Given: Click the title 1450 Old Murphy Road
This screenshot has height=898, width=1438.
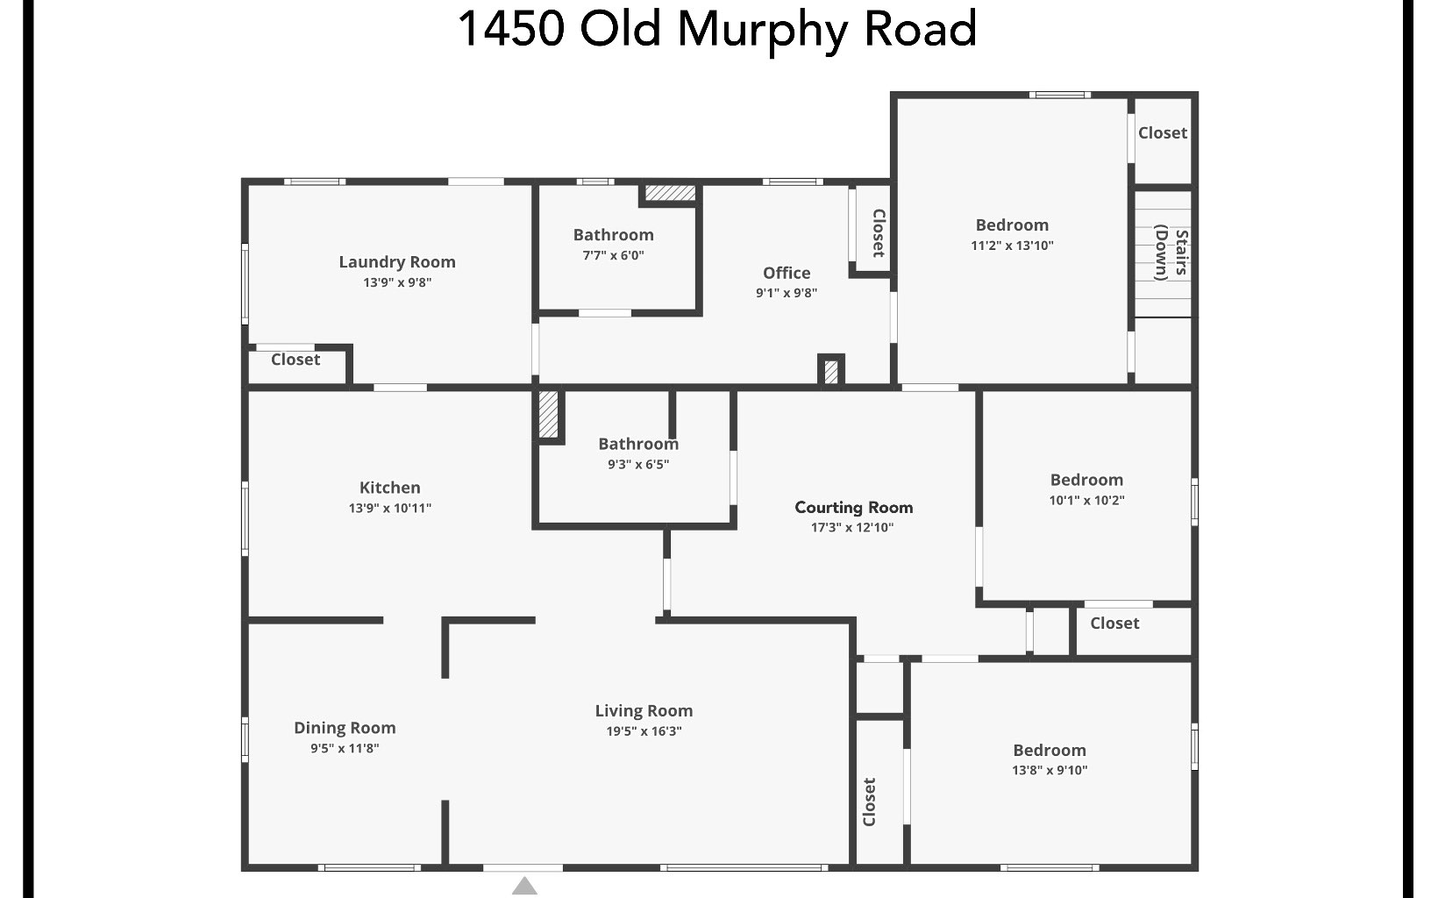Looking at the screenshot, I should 717,28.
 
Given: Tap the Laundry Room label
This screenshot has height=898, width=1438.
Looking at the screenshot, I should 397,261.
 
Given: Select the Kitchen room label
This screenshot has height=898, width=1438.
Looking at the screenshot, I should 390,488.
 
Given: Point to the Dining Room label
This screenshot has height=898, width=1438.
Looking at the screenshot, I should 345,728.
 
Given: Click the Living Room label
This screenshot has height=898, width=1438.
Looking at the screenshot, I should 644,711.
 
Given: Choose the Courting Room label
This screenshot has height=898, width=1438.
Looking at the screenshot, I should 854,507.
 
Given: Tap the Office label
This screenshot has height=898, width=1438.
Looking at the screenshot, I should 787,273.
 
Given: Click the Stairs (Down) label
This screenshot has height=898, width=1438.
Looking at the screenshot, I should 1171,253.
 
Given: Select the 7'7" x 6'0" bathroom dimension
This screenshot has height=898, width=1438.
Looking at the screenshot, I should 614,255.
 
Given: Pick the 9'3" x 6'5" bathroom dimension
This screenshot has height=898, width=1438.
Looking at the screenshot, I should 638,465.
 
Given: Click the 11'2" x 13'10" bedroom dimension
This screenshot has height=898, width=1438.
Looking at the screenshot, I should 1012,246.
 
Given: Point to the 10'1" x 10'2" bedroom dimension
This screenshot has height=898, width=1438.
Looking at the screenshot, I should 1086,501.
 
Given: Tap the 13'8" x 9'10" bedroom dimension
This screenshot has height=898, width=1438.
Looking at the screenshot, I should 1050,770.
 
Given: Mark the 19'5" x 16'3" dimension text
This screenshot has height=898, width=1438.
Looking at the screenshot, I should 644,731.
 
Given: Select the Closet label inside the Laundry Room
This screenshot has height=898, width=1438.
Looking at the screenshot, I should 295,360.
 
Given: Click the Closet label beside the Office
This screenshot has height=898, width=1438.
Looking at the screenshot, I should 878,232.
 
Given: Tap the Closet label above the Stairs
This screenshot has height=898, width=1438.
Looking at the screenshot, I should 1163,132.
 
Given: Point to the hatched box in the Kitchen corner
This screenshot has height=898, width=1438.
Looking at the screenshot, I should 548,414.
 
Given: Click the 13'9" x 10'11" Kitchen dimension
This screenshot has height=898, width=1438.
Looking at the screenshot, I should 390,508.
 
